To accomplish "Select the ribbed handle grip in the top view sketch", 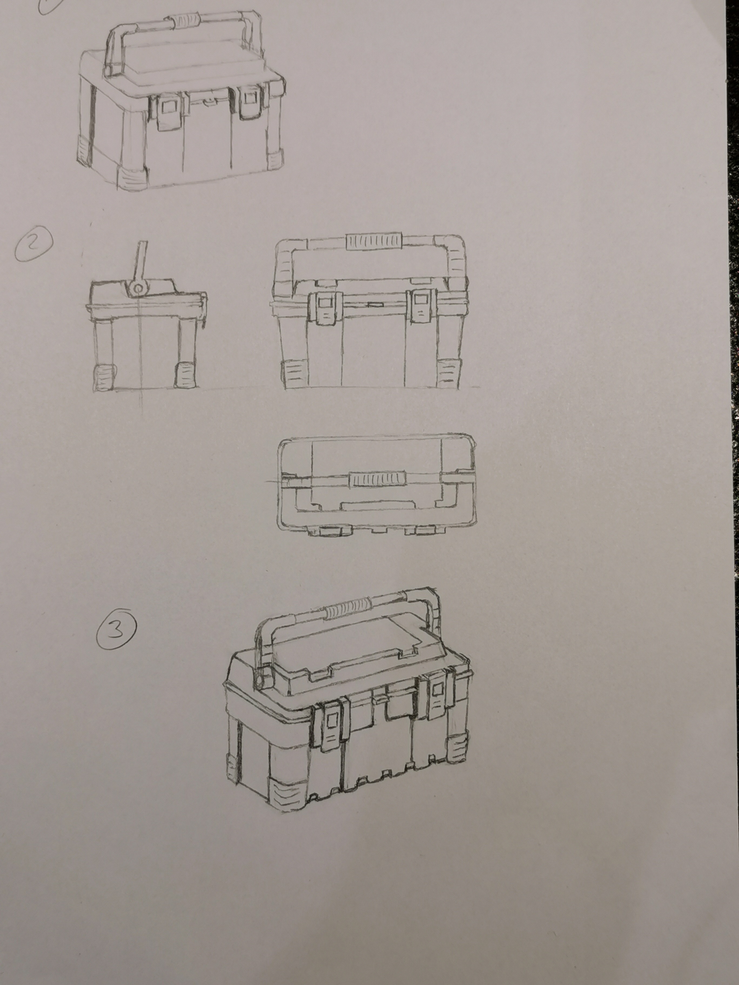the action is click(377, 479).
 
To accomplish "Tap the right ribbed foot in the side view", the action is click(185, 375).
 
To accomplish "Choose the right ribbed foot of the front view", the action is click(448, 373).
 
